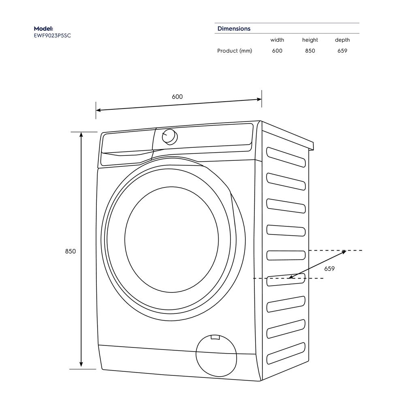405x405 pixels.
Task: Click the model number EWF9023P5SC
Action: [x=52, y=35]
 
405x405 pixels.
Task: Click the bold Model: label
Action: [x=43, y=29]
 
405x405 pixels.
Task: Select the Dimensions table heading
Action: [x=234, y=29]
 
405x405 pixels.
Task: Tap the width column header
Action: [x=277, y=40]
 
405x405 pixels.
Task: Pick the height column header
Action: [x=310, y=40]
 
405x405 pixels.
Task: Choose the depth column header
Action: [x=342, y=40]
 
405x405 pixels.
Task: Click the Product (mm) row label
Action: [x=234, y=51]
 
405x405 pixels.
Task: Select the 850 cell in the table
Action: [x=310, y=51]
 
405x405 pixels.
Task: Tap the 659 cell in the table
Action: [x=342, y=51]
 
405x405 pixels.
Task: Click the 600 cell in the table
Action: [x=277, y=51]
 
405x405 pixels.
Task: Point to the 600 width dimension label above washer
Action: [x=177, y=97]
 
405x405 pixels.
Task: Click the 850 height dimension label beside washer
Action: [x=70, y=252]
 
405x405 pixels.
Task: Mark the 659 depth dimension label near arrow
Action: [x=329, y=269]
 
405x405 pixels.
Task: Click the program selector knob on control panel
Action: [x=169, y=136]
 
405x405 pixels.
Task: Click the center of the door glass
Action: [x=172, y=239]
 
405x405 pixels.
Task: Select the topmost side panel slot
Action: [x=286, y=157]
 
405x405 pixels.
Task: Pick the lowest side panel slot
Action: [x=286, y=353]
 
